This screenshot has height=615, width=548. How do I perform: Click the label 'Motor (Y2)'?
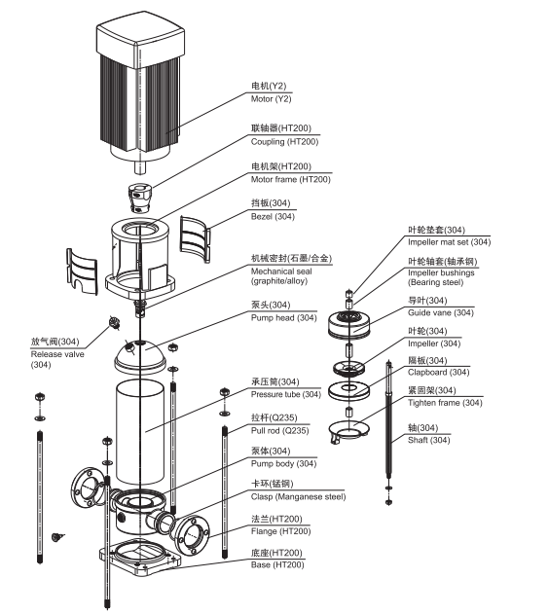coord(274,99)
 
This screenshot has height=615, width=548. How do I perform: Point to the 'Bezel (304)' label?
coord(273,216)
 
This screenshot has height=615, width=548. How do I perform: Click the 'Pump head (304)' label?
coord(283,318)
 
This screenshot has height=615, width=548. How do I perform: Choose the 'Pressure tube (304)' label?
coord(286,394)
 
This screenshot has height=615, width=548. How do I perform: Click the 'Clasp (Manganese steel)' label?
coord(297,496)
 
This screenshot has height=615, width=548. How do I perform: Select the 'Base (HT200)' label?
coord(274,566)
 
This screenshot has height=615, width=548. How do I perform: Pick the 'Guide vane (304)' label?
coord(441,312)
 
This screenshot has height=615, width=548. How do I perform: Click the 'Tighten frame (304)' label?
coord(445,403)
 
